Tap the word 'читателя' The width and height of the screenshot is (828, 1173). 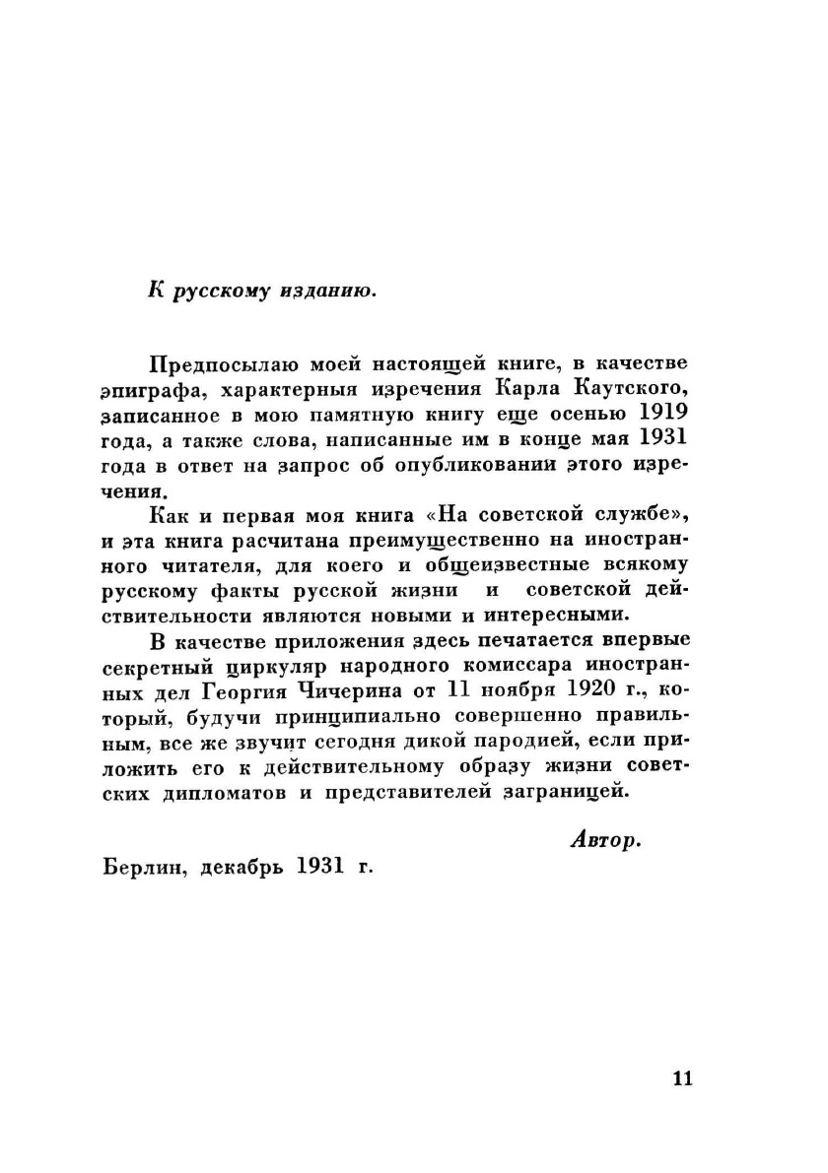[x=199, y=565]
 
